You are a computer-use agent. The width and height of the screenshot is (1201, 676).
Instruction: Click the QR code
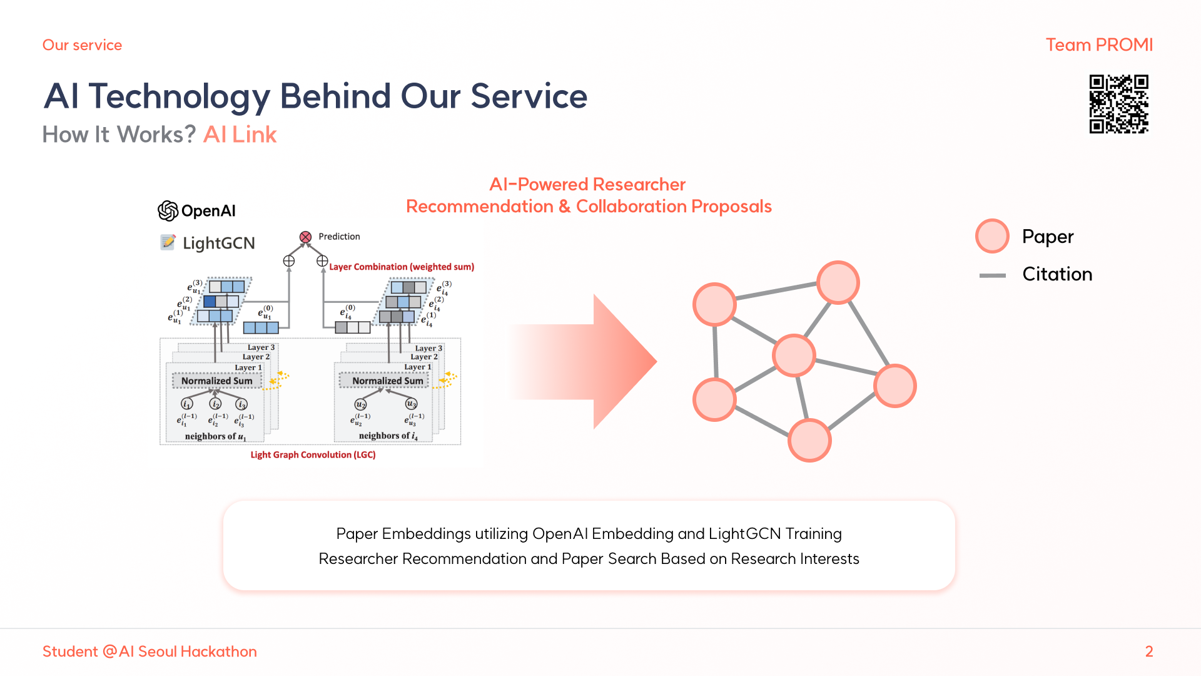tap(1118, 104)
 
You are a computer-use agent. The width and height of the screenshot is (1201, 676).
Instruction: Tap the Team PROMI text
tap(1099, 45)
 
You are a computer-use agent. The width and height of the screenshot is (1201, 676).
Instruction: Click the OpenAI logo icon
tap(168, 211)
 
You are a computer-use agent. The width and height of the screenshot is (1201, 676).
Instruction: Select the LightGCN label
tap(218, 243)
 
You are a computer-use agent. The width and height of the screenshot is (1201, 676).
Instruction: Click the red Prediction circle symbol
tap(305, 237)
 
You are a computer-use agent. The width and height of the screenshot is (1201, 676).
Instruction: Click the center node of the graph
tap(794, 356)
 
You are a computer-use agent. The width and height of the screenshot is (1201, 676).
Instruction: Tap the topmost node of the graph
tap(838, 282)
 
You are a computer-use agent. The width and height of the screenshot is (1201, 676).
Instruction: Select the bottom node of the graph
tap(809, 440)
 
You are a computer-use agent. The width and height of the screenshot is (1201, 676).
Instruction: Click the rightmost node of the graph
tap(894, 386)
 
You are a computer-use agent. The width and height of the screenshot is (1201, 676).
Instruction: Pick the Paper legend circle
tap(992, 236)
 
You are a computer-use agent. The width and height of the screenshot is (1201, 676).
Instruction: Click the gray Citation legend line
tap(992, 275)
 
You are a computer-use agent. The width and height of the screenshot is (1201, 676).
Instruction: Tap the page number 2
tap(1149, 652)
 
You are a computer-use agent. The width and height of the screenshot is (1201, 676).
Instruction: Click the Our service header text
tap(82, 45)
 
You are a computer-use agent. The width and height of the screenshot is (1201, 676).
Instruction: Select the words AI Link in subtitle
tap(240, 135)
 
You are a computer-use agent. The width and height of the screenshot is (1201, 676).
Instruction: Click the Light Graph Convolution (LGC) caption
tap(313, 455)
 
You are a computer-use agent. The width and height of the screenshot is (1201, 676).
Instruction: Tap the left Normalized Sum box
tap(216, 381)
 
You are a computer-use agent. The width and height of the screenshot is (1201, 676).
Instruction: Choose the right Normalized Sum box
tap(387, 381)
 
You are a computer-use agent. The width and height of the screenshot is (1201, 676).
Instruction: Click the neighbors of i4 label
tap(388, 436)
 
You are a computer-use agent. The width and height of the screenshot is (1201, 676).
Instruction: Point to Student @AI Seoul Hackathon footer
tap(149, 652)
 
